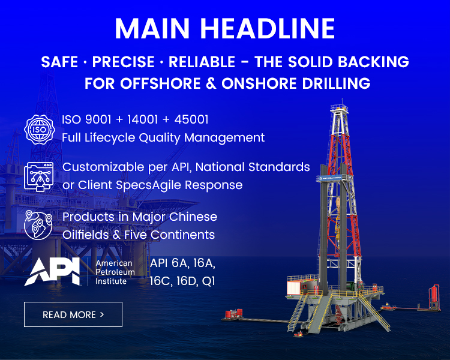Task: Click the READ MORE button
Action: tap(73, 314)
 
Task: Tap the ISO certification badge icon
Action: tap(40, 130)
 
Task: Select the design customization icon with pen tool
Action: tap(39, 176)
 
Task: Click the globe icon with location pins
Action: tap(38, 225)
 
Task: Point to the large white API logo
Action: tap(52, 271)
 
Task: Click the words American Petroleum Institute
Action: tap(115, 272)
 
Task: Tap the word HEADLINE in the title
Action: tap(268, 28)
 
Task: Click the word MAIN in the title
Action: tap(152, 28)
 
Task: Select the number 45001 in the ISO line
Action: tap(191, 119)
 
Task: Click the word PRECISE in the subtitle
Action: tap(124, 62)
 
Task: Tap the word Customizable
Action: tap(103, 167)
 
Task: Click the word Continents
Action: tap(182, 235)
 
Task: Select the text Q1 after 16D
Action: tap(208, 281)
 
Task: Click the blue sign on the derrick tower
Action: tap(331, 178)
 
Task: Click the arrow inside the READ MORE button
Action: tap(102, 314)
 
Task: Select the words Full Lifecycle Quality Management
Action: tap(163, 138)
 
